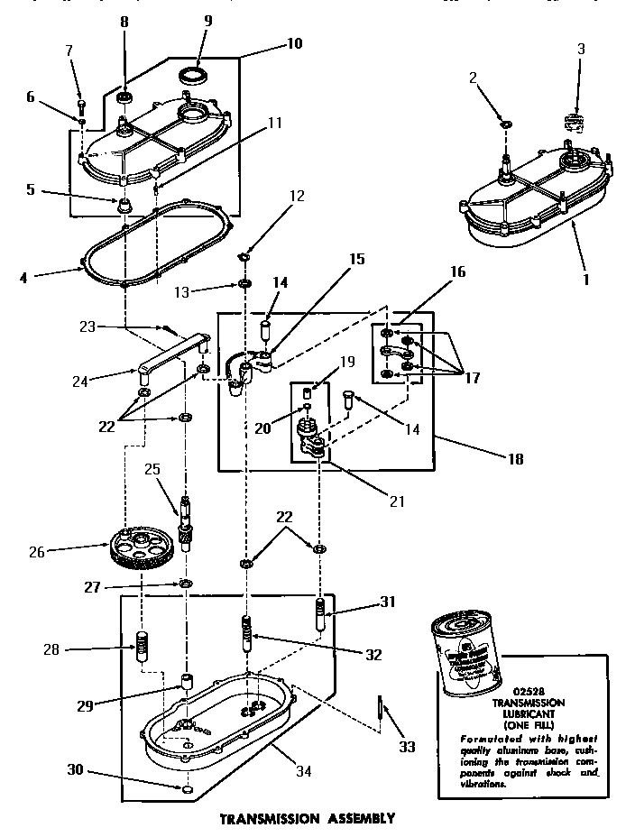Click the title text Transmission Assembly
pos(308,818)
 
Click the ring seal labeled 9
pos(191,74)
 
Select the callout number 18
pos(515,458)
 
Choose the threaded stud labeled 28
pos(141,648)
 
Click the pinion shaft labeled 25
pos(186,523)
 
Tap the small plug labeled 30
pos(185,790)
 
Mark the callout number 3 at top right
pos(581,49)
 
